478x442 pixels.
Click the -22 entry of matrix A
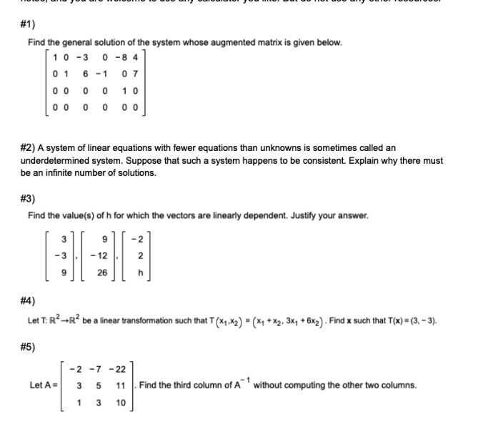(x=119, y=368)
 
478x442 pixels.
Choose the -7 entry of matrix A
(x=99, y=368)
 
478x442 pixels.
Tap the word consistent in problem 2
(x=289, y=160)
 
